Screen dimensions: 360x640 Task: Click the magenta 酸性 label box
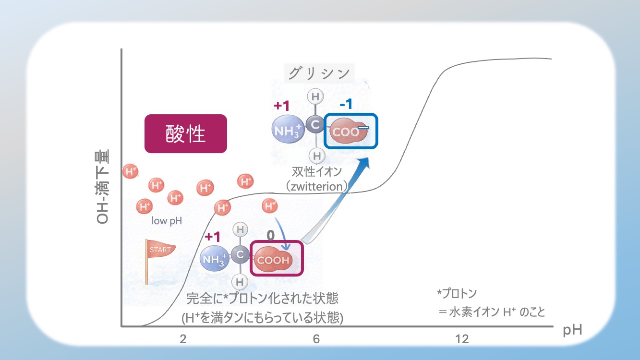click(185, 134)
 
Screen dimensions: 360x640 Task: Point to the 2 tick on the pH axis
click(183, 339)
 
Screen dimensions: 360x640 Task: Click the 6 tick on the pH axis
click(316, 339)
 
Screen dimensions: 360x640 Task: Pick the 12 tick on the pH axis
click(462, 339)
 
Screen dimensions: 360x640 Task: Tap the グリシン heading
click(318, 73)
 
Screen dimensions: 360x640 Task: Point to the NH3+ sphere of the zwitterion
click(287, 130)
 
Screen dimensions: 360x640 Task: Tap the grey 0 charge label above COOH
click(271, 235)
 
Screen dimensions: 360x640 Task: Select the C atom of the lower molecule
click(240, 255)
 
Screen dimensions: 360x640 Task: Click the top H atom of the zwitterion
click(315, 97)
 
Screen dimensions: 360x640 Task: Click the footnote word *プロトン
click(457, 293)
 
